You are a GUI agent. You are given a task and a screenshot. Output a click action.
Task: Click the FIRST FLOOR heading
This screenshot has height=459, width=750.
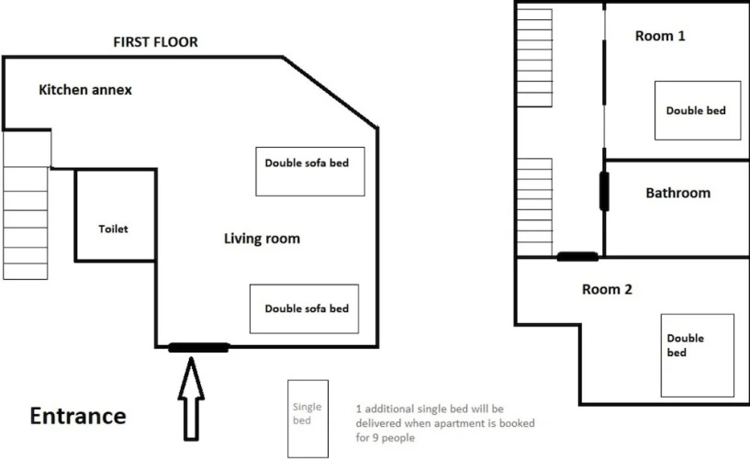pos(155,42)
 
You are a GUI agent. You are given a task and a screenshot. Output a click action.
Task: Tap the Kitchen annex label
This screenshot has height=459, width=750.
pos(85,90)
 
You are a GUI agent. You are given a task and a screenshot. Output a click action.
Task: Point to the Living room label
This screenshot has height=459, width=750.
pos(262,239)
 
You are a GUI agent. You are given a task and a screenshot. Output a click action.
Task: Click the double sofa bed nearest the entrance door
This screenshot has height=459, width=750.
pos(306,309)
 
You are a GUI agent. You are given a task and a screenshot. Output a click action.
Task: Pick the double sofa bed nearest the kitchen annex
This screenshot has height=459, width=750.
pos(307,171)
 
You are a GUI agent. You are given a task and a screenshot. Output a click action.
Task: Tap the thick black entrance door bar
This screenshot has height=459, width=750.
pos(198,347)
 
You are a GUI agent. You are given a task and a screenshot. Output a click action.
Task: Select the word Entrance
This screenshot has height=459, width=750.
pos(78,416)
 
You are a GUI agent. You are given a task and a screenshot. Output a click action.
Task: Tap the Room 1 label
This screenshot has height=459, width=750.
pos(660,36)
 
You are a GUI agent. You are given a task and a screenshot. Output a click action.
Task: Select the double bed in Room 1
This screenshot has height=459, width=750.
pos(697,110)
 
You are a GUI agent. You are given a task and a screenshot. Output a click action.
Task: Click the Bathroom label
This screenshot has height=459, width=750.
pos(677,193)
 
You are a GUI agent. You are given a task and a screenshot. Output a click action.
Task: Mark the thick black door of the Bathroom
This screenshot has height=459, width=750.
pos(604,191)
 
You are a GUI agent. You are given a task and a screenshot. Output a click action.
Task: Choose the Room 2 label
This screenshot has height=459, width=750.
pos(607,289)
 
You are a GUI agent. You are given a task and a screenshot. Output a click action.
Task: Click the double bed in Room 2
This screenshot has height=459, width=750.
pos(697,352)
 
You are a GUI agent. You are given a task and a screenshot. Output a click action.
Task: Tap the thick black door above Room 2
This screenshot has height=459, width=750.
pos(578,256)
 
